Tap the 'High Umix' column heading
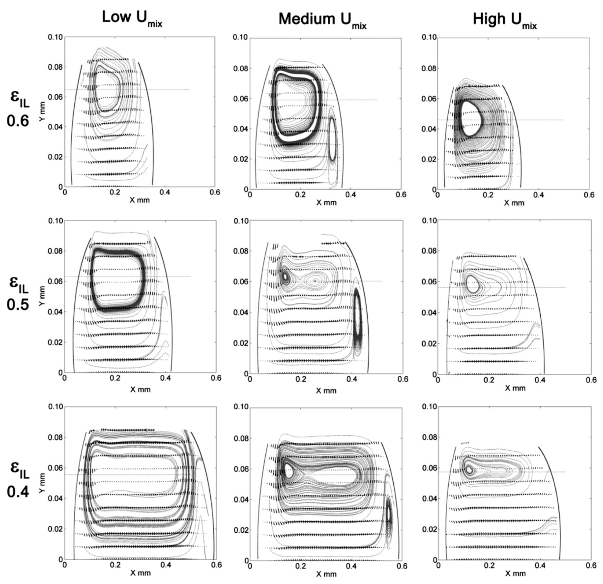[505, 20]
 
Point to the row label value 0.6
[18, 121]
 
